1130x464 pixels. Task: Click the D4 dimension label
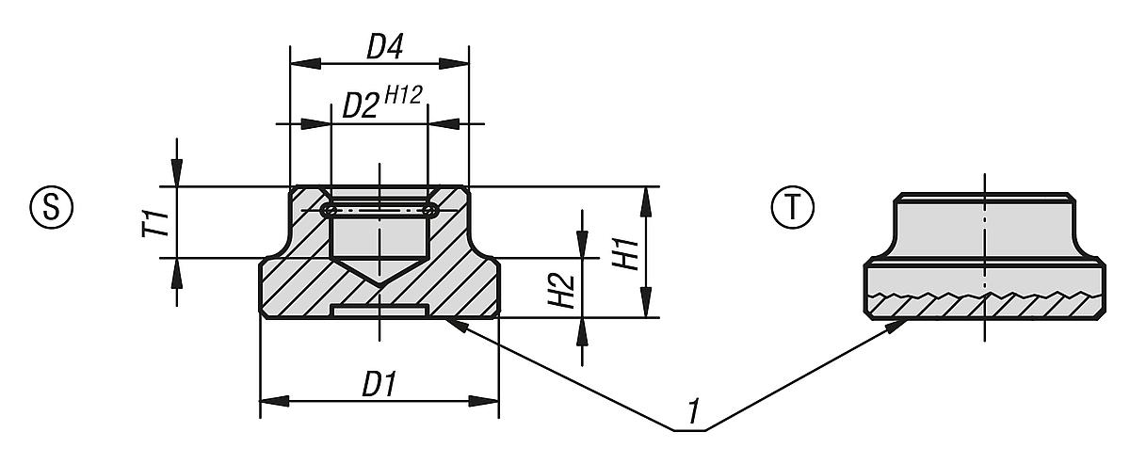click(379, 47)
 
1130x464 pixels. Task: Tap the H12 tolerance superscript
click(403, 93)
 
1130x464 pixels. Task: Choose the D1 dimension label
click(379, 386)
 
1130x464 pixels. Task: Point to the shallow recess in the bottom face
click(379, 310)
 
